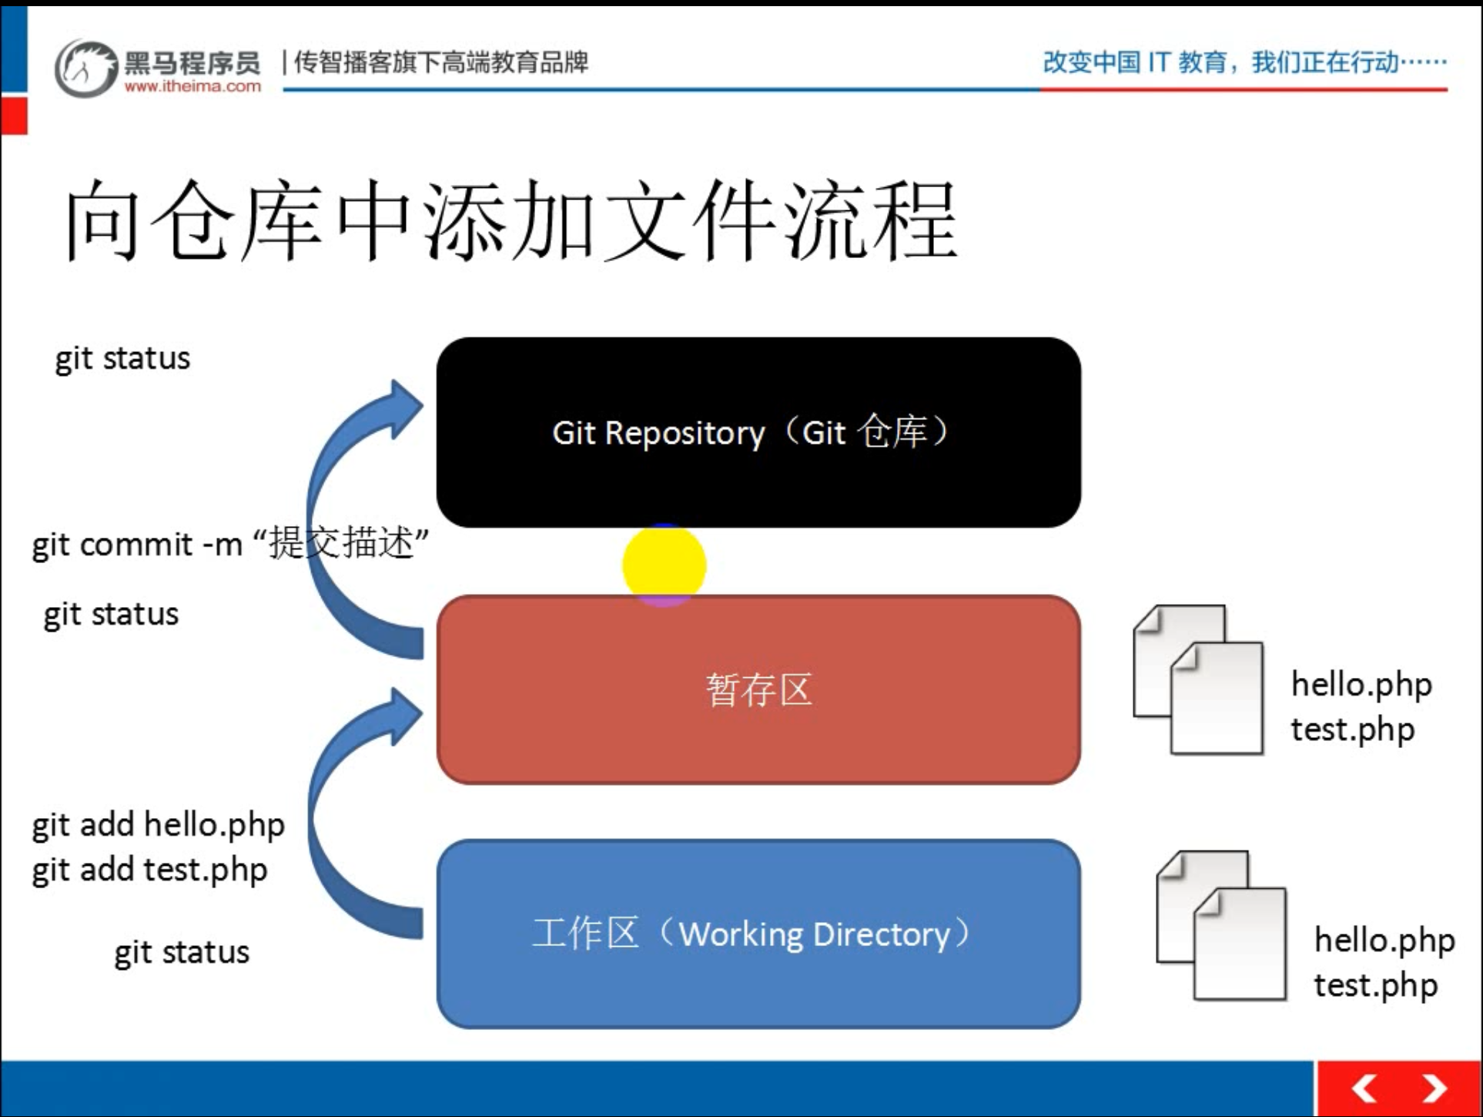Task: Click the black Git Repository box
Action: coord(758,432)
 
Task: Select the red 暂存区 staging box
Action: coord(758,689)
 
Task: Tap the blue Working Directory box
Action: coord(758,934)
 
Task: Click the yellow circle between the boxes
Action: coord(664,565)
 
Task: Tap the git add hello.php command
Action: coord(158,825)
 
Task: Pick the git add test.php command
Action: coord(149,870)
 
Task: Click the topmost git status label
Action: coord(122,359)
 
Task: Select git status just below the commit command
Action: coord(111,615)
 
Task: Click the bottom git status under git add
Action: coord(182,952)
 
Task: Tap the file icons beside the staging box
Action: coord(1198,679)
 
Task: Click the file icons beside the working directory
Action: coord(1221,925)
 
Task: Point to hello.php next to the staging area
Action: coord(1361,684)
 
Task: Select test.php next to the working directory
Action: coord(1375,985)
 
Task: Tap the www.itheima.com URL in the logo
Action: coord(192,86)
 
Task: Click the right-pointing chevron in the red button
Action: coord(1434,1088)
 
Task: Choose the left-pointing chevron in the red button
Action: coord(1364,1088)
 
